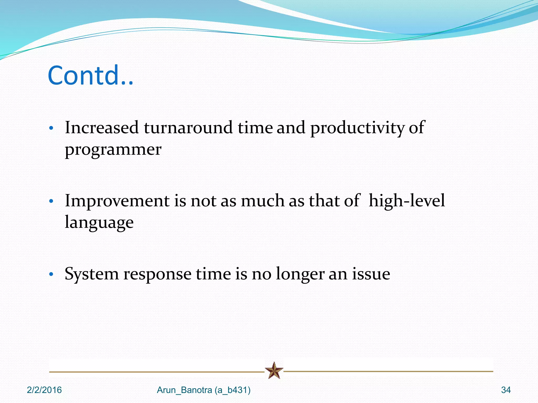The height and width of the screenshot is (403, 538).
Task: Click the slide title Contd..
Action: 91,76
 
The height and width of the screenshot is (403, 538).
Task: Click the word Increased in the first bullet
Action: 102,128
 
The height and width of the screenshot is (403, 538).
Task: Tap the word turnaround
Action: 188,128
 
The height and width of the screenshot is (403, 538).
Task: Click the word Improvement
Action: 117,201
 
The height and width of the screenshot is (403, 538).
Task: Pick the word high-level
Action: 407,201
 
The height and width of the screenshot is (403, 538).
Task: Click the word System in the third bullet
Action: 92,274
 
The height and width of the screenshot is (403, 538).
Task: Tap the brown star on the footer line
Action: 274,370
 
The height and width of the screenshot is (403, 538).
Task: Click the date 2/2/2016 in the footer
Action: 44,390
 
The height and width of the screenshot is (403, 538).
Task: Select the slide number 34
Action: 506,390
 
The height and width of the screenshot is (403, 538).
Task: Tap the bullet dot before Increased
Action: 51,129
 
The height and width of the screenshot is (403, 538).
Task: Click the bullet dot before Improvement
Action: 51,202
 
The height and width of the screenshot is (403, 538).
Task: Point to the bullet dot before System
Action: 51,275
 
